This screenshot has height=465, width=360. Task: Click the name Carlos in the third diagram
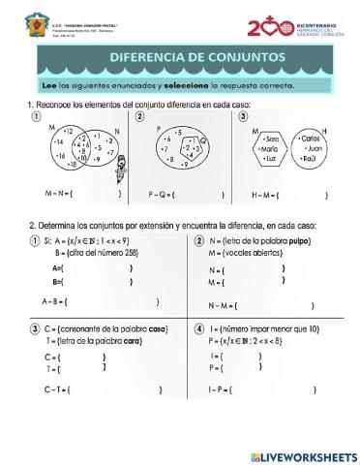(311, 138)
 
